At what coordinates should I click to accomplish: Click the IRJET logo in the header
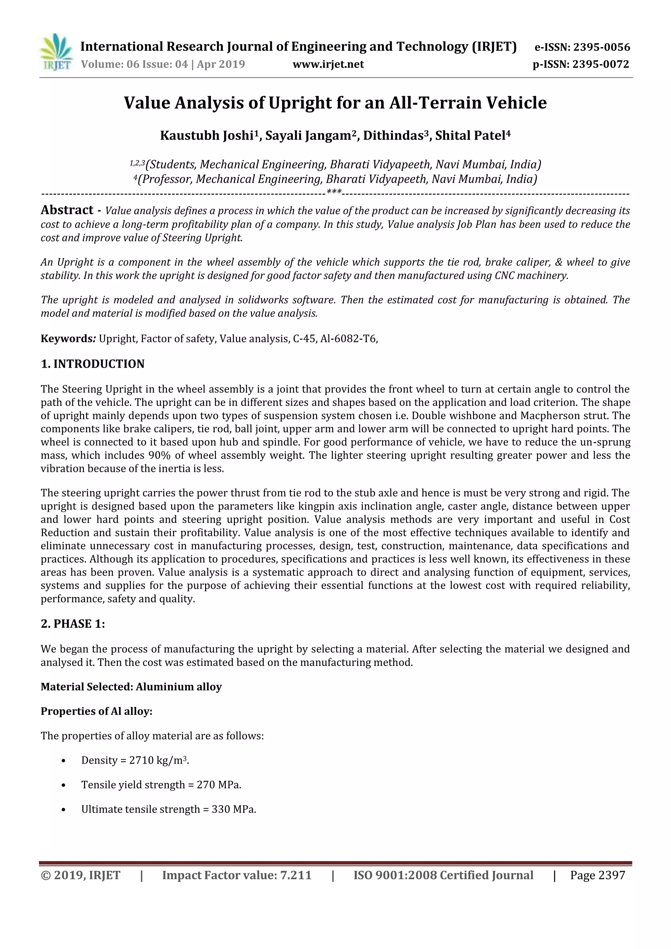tap(56, 52)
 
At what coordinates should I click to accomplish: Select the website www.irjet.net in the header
tap(328, 64)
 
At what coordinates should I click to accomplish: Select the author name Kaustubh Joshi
tap(207, 135)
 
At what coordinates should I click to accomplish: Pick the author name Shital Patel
tap(470, 135)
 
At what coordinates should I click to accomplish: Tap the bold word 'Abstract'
tap(67, 210)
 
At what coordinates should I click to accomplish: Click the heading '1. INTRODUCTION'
tap(93, 364)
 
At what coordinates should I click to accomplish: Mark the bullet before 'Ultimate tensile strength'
tap(63, 809)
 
